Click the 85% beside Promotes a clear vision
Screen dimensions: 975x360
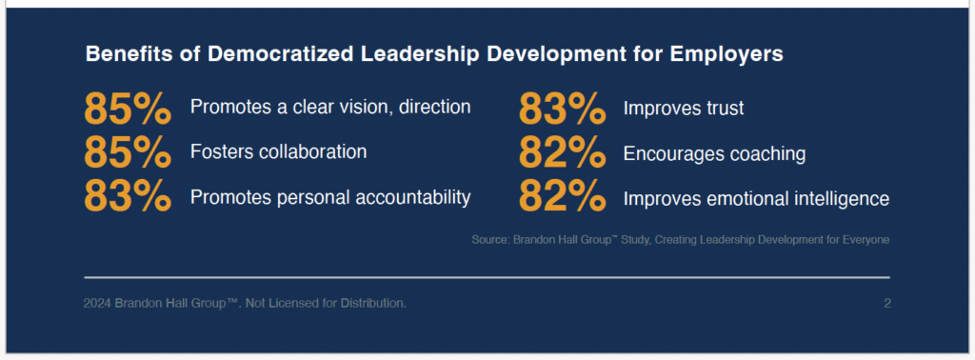(128, 108)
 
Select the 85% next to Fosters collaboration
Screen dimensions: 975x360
(128, 152)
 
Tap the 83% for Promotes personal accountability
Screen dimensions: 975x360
(128, 196)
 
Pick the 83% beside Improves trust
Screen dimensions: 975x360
(562, 108)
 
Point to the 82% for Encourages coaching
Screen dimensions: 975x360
(562, 152)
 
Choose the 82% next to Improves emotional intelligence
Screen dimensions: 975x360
(562, 196)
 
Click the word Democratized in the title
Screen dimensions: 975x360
(282, 54)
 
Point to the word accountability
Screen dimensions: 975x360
(412, 198)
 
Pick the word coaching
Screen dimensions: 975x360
(763, 155)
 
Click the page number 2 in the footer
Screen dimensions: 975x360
(887, 304)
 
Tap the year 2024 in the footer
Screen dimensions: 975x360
(97, 304)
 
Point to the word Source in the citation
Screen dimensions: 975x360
(490, 240)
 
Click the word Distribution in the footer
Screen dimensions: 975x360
(375, 304)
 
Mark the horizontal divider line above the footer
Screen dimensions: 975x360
(487, 277)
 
